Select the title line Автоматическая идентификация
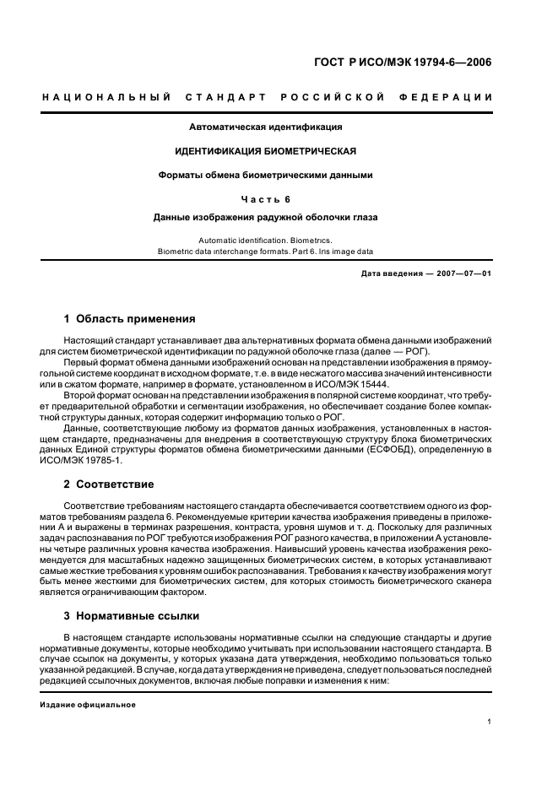(x=265, y=127)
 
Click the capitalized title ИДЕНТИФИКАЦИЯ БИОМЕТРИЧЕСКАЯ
(x=265, y=151)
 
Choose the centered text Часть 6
(x=265, y=199)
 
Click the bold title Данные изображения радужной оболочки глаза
(x=265, y=217)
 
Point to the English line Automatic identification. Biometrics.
(x=265, y=241)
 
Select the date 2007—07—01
(x=464, y=274)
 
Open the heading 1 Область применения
(x=130, y=319)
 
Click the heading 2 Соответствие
(x=109, y=484)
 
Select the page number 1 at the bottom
(x=490, y=722)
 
